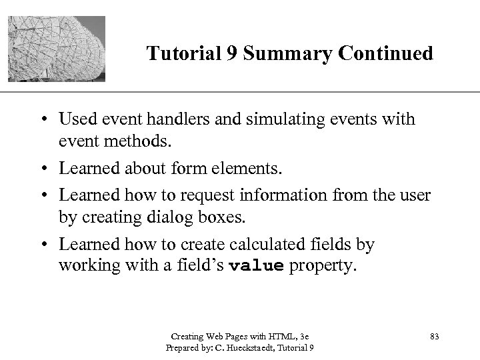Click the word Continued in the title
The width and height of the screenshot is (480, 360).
378,53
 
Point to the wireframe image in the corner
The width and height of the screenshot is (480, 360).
57,47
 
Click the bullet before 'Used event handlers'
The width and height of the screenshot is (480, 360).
44,120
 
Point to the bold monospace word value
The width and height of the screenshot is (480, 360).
257,266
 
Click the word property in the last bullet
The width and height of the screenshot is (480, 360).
323,266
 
